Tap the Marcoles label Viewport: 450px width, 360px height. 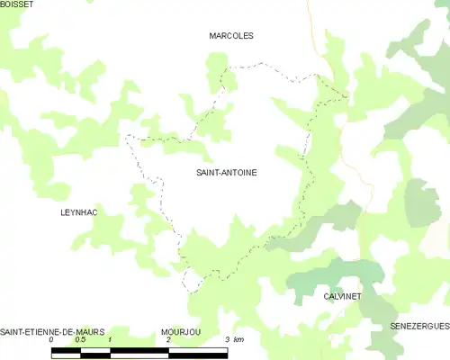click(x=231, y=36)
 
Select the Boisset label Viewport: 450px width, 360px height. click(x=17, y=4)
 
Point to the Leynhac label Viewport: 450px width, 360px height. click(x=78, y=212)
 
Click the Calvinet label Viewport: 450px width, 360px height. click(x=342, y=295)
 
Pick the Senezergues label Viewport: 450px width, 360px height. click(x=419, y=325)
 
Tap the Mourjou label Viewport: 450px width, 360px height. click(x=181, y=332)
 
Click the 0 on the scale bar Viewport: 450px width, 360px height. click(x=51, y=340)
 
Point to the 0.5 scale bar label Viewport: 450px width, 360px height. click(x=80, y=340)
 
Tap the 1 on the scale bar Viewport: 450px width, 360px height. click(x=109, y=340)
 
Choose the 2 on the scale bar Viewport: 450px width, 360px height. click(x=168, y=340)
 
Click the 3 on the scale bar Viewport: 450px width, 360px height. click(x=226, y=340)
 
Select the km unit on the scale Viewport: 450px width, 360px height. click(x=238, y=340)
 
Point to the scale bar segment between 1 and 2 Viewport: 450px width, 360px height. click(x=139, y=351)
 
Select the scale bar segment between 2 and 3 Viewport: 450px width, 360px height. click(x=197, y=351)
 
